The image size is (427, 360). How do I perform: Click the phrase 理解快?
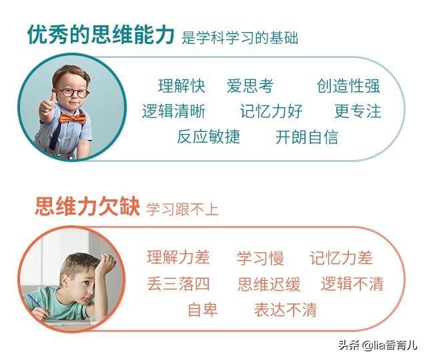tap(181, 86)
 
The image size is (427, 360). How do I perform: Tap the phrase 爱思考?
tap(250, 86)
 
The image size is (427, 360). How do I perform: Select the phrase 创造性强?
tap(348, 86)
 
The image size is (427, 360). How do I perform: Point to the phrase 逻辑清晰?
tap(173, 111)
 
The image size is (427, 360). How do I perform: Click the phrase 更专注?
tap(358, 111)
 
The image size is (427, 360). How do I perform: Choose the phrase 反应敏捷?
tap(209, 137)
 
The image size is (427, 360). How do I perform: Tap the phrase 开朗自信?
tap(307, 137)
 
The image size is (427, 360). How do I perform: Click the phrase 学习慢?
tap(260, 258)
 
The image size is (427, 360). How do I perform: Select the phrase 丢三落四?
tap(178, 284)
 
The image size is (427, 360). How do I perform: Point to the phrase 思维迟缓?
tap(269, 284)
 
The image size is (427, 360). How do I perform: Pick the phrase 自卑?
tap(203, 309)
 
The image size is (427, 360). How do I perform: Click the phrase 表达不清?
tap(286, 309)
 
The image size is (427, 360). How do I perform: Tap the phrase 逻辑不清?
tap(352, 284)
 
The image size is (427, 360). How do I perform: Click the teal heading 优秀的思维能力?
tap(101, 35)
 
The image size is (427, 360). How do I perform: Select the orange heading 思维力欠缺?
tap(87, 206)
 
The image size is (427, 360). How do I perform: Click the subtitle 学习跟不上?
tap(182, 209)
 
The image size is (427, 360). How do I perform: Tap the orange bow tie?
tap(73, 119)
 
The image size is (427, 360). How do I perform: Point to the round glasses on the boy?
tap(72, 93)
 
